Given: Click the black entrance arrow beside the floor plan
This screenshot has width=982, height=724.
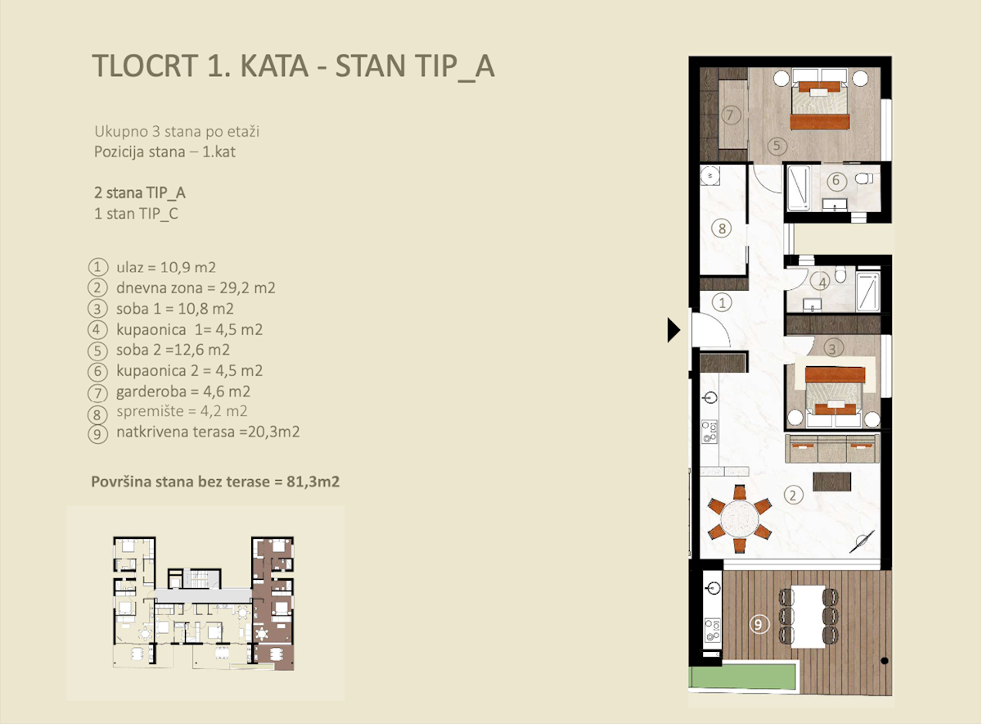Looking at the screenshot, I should (x=674, y=329).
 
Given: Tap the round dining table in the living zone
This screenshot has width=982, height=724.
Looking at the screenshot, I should (x=740, y=518).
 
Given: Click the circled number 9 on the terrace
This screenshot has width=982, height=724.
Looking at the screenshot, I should (x=759, y=624).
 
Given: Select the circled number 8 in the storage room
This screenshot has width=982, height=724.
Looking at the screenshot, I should (x=721, y=229).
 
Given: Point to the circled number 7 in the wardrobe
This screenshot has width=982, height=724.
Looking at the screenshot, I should (x=731, y=115).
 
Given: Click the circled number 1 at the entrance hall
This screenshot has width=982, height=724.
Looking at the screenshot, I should (x=721, y=302).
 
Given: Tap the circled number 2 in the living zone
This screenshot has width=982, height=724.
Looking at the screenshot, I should (x=791, y=494).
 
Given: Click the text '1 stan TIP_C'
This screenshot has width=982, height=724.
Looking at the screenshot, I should (x=137, y=215).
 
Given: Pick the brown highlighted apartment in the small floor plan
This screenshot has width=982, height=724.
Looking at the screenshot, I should (x=273, y=602).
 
